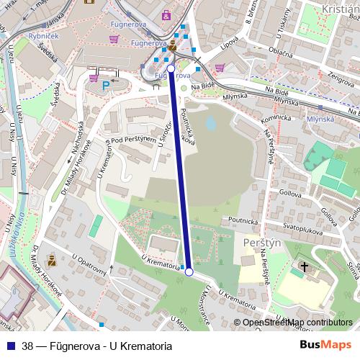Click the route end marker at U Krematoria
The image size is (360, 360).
pos(189,272)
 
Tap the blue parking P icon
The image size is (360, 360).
pos(106,86)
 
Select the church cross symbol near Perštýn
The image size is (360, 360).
pos(304,267)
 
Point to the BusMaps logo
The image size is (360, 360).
pos(325,345)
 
